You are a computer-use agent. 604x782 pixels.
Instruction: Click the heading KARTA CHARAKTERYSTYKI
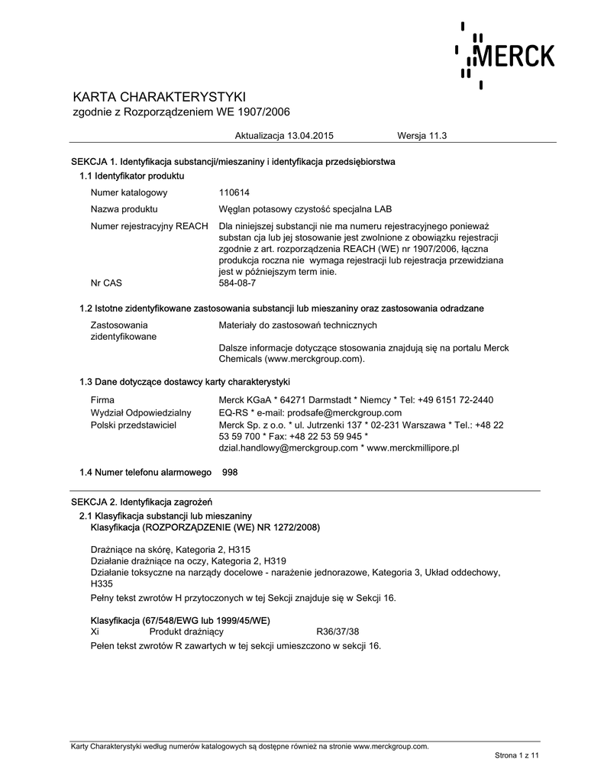pyautogui.click(x=159, y=97)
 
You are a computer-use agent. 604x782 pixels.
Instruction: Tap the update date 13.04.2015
pyautogui.click(x=310, y=135)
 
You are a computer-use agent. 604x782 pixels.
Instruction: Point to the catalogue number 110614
pyautogui.click(x=234, y=192)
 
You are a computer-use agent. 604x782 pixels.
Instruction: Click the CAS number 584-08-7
pyautogui.click(x=237, y=283)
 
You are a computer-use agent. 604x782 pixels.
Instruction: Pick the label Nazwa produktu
pyautogui.click(x=124, y=209)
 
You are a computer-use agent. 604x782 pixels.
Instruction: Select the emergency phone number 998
pyautogui.click(x=230, y=473)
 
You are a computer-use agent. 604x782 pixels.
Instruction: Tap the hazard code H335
pyautogui.click(x=102, y=584)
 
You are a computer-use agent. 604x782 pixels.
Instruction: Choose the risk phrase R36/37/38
pyautogui.click(x=338, y=632)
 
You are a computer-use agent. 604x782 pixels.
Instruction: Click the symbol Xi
pyautogui.click(x=95, y=632)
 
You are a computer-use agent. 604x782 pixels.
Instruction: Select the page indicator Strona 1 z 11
pyautogui.click(x=517, y=755)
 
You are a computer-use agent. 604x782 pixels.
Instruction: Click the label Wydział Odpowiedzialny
pyautogui.click(x=141, y=412)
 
